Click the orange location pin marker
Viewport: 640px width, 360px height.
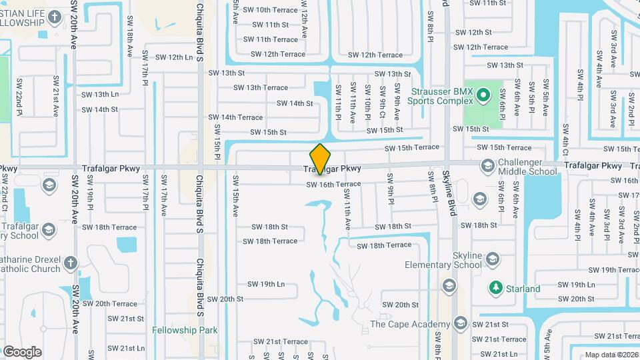tap(321, 159)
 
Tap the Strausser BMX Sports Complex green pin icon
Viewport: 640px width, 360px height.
tap(485, 97)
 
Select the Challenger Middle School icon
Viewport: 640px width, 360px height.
tap(487, 165)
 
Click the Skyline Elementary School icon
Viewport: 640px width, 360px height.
tap(493, 259)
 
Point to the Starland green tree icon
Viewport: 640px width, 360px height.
tap(495, 289)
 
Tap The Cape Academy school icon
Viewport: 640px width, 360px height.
tap(459, 324)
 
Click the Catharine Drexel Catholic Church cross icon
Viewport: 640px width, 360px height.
tap(72, 263)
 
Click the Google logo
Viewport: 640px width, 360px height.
tap(22, 351)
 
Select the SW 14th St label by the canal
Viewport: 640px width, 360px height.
tap(294, 103)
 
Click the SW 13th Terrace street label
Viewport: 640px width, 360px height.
tap(261, 87)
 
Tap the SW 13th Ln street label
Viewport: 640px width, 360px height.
tap(100, 95)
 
